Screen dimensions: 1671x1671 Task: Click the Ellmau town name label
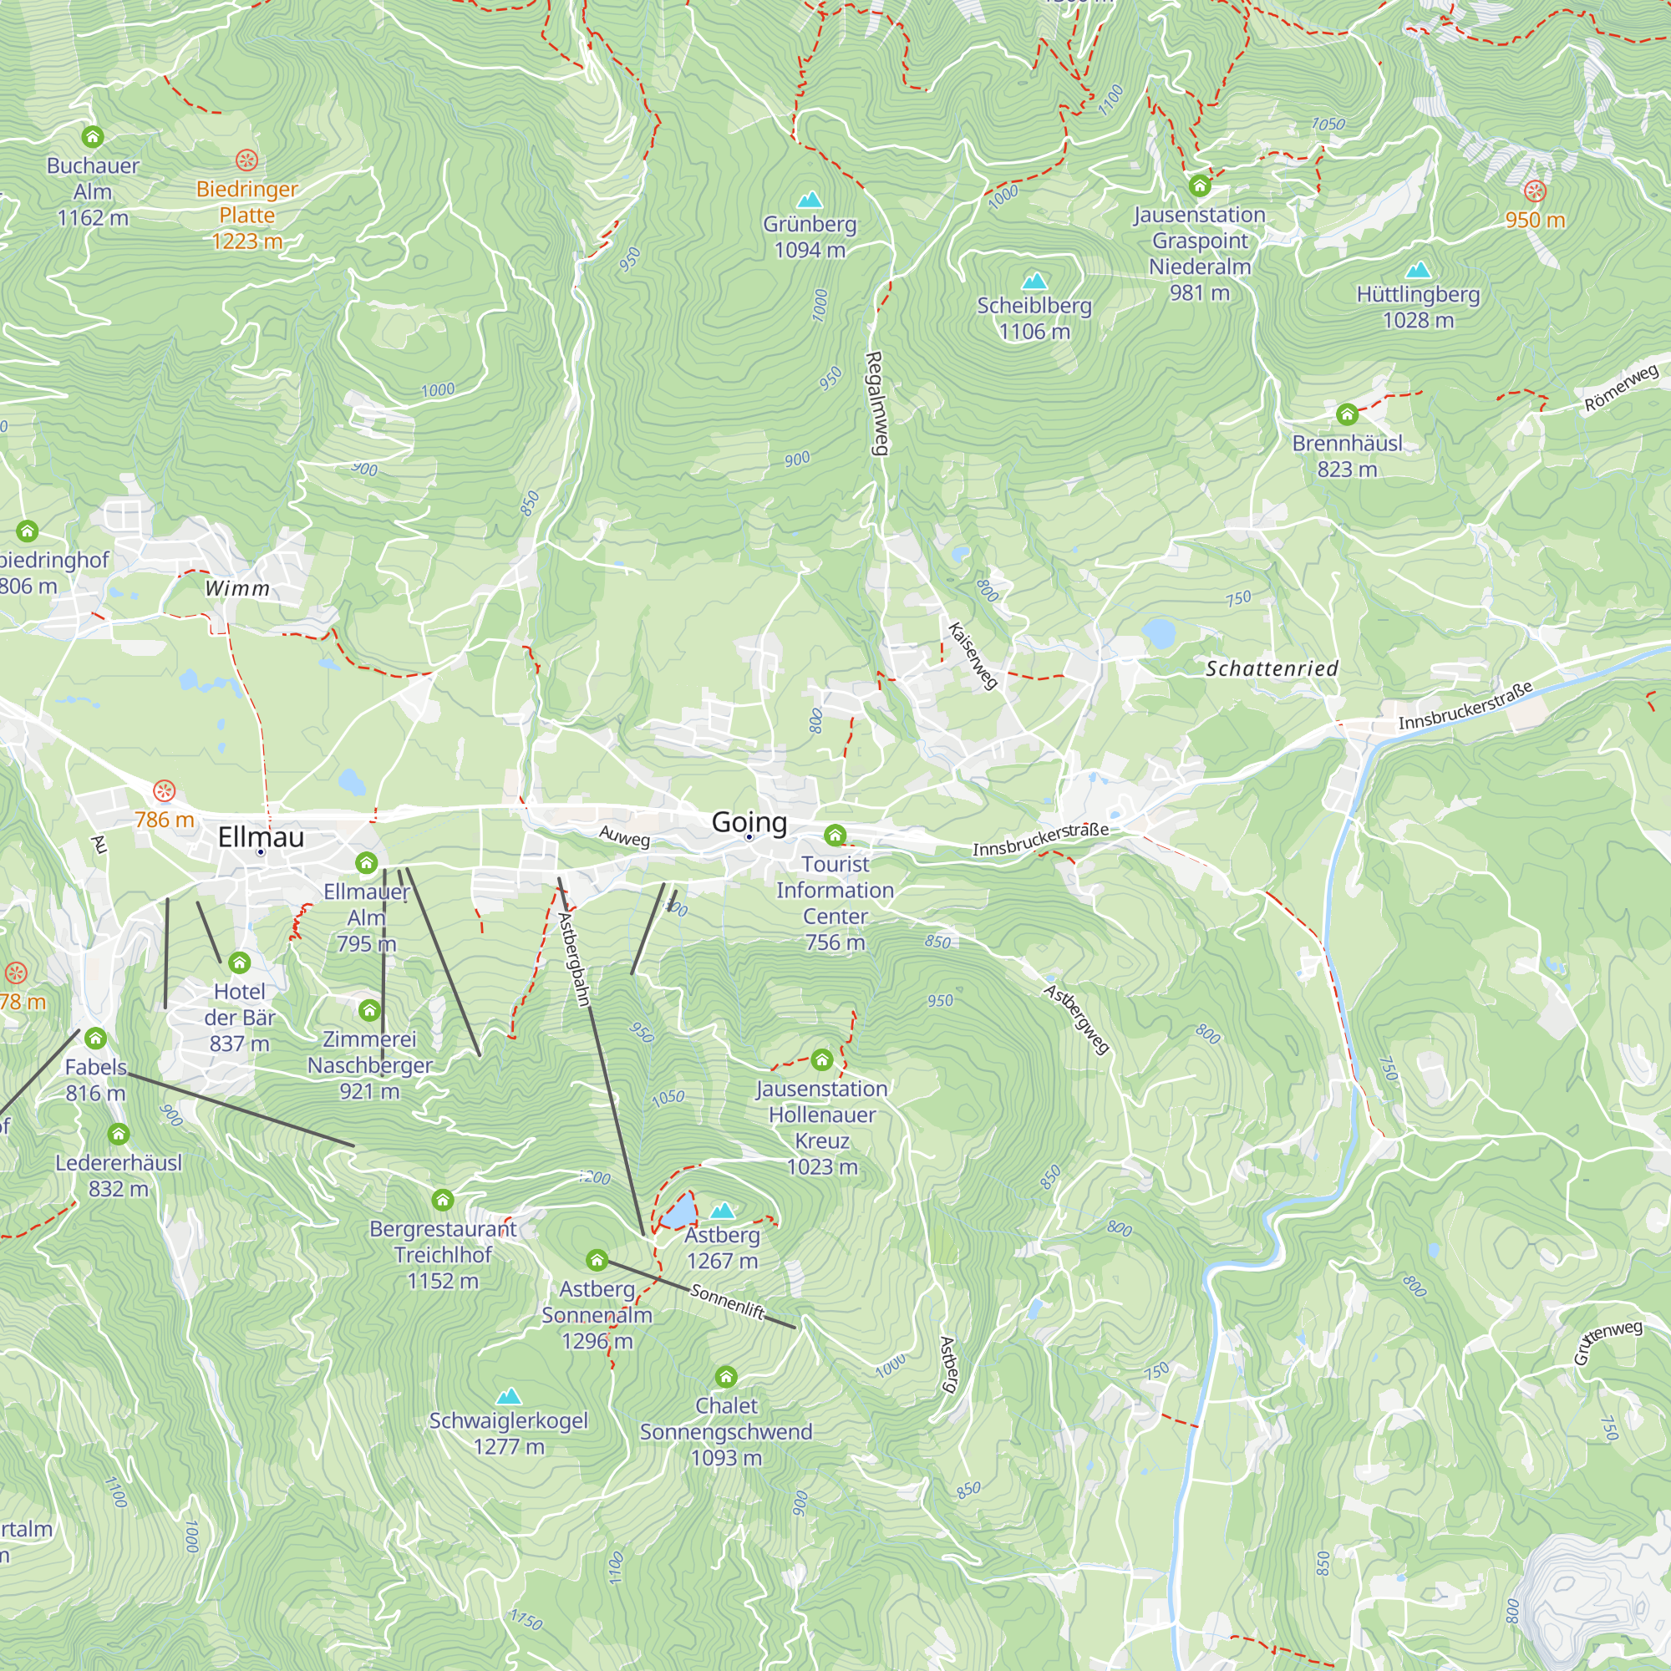tap(261, 836)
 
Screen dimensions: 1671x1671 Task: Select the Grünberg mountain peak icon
tap(810, 200)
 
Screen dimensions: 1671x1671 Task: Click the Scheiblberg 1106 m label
tap(1034, 318)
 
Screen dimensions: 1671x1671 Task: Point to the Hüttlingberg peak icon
tap(1418, 270)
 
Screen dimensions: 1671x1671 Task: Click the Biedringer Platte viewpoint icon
tap(246, 160)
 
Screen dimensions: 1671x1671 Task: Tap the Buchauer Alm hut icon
tap(93, 137)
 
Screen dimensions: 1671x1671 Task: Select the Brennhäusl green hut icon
tap(1347, 414)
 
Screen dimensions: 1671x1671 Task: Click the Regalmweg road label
tap(876, 403)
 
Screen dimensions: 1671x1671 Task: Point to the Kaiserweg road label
tap(973, 656)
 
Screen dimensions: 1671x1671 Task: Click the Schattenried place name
tap(1272, 668)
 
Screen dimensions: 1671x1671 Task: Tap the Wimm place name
tap(237, 589)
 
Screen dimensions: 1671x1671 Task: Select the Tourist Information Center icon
tap(835, 835)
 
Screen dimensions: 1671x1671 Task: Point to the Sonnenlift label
tap(728, 1303)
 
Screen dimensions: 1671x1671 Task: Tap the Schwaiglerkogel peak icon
tap(509, 1397)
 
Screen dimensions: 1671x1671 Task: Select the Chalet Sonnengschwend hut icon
tap(726, 1376)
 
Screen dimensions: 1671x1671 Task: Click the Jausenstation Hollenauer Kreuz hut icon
tap(821, 1059)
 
